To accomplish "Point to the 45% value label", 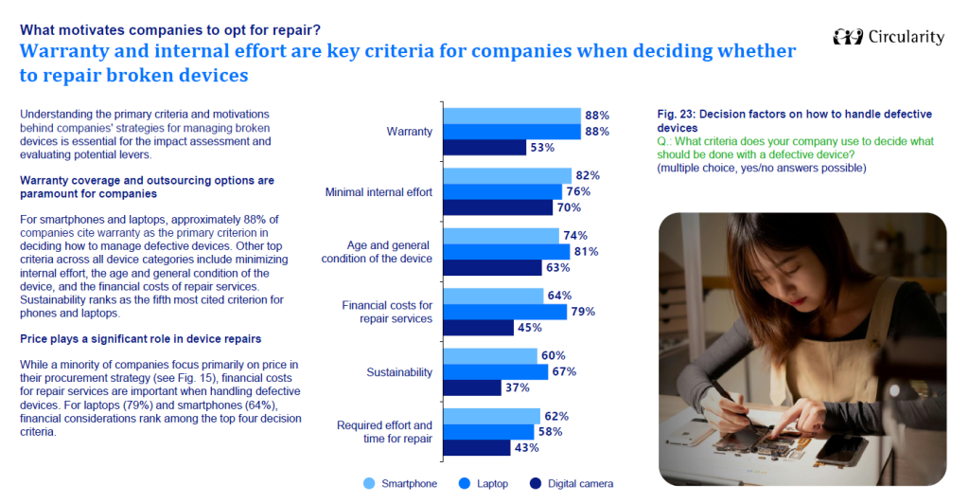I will pyautogui.click(x=530, y=327).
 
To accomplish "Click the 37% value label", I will pyautogui.click(x=518, y=387).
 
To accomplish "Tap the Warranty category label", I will pyautogui.click(x=410, y=132).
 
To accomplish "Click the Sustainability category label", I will pyautogui.click(x=399, y=372).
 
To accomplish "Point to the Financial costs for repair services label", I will pyautogui.click(x=387, y=312).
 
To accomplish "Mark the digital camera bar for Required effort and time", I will pyautogui.click(x=479, y=447).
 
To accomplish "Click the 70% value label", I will pyautogui.click(x=568, y=207).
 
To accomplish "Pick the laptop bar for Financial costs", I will pyautogui.click(x=505, y=312).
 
